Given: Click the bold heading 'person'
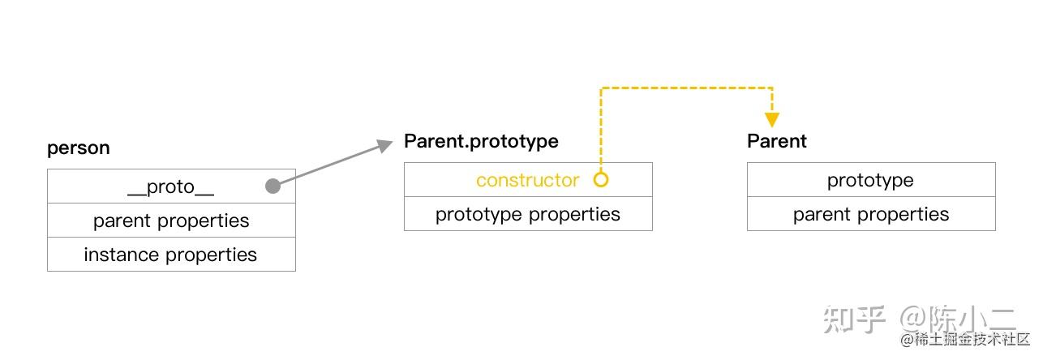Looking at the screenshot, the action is click(x=78, y=148).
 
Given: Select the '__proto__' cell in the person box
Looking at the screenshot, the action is click(x=171, y=186).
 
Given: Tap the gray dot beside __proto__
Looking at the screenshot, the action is click(x=273, y=186).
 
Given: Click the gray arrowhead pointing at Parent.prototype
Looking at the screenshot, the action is click(x=384, y=146).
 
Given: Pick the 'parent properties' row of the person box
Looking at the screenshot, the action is click(x=171, y=221).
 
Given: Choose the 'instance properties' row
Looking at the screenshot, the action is click(x=171, y=255).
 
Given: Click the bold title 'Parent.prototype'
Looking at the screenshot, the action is click(x=481, y=142).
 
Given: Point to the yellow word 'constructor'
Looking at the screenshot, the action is click(x=527, y=180).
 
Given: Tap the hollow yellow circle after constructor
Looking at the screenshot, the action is click(x=601, y=180).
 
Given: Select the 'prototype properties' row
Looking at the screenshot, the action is click(x=528, y=214).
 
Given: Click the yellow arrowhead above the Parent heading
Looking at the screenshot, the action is click(x=772, y=120).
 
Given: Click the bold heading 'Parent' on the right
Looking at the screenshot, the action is click(x=777, y=141).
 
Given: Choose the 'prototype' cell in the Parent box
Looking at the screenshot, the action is click(x=871, y=180).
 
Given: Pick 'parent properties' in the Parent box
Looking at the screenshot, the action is click(x=871, y=214).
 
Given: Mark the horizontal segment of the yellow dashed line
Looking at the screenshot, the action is click(x=686, y=88).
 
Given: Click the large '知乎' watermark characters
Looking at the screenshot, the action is click(x=854, y=319).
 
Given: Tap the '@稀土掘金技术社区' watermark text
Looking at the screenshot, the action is click(x=965, y=339).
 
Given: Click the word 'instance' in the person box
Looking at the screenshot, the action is click(x=122, y=255).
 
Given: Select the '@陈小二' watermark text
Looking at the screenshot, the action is click(x=958, y=319).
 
